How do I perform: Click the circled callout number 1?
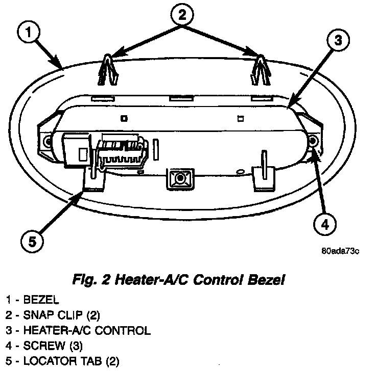click(31, 34)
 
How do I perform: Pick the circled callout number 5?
click(32, 241)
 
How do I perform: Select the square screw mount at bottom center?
click(179, 178)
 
